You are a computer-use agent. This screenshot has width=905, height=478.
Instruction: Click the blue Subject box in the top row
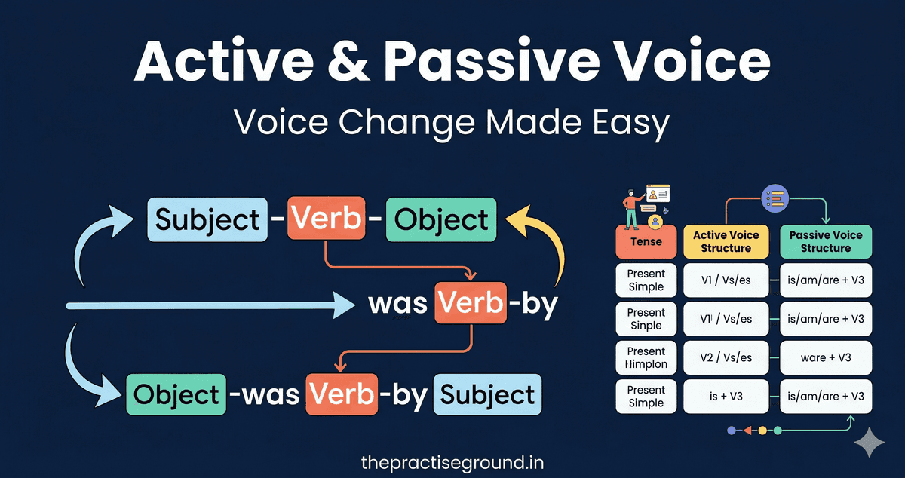tap(207, 219)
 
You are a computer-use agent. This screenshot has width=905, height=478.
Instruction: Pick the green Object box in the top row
tap(441, 219)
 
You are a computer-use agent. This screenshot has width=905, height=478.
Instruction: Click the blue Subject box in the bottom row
tap(487, 395)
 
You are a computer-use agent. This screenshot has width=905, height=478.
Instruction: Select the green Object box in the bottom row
tap(176, 395)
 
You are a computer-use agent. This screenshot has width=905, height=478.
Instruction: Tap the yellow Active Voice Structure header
tap(726, 242)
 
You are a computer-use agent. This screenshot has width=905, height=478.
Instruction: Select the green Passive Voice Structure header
tap(825, 242)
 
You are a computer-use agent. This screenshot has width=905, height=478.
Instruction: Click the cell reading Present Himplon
tap(646, 357)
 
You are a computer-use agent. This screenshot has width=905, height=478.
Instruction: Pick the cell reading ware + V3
tap(825, 357)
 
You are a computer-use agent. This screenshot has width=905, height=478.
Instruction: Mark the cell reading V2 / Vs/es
tap(726, 357)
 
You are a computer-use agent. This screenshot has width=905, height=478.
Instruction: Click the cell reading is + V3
tap(726, 396)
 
